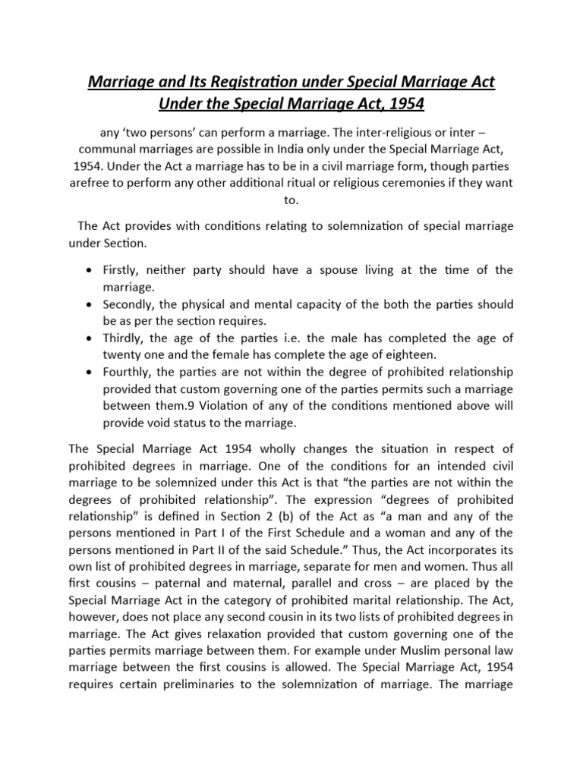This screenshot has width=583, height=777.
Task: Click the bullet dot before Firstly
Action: click(x=90, y=271)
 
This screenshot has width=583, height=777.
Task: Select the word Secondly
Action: click(x=128, y=304)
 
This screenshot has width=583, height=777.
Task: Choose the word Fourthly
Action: click(x=126, y=372)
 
